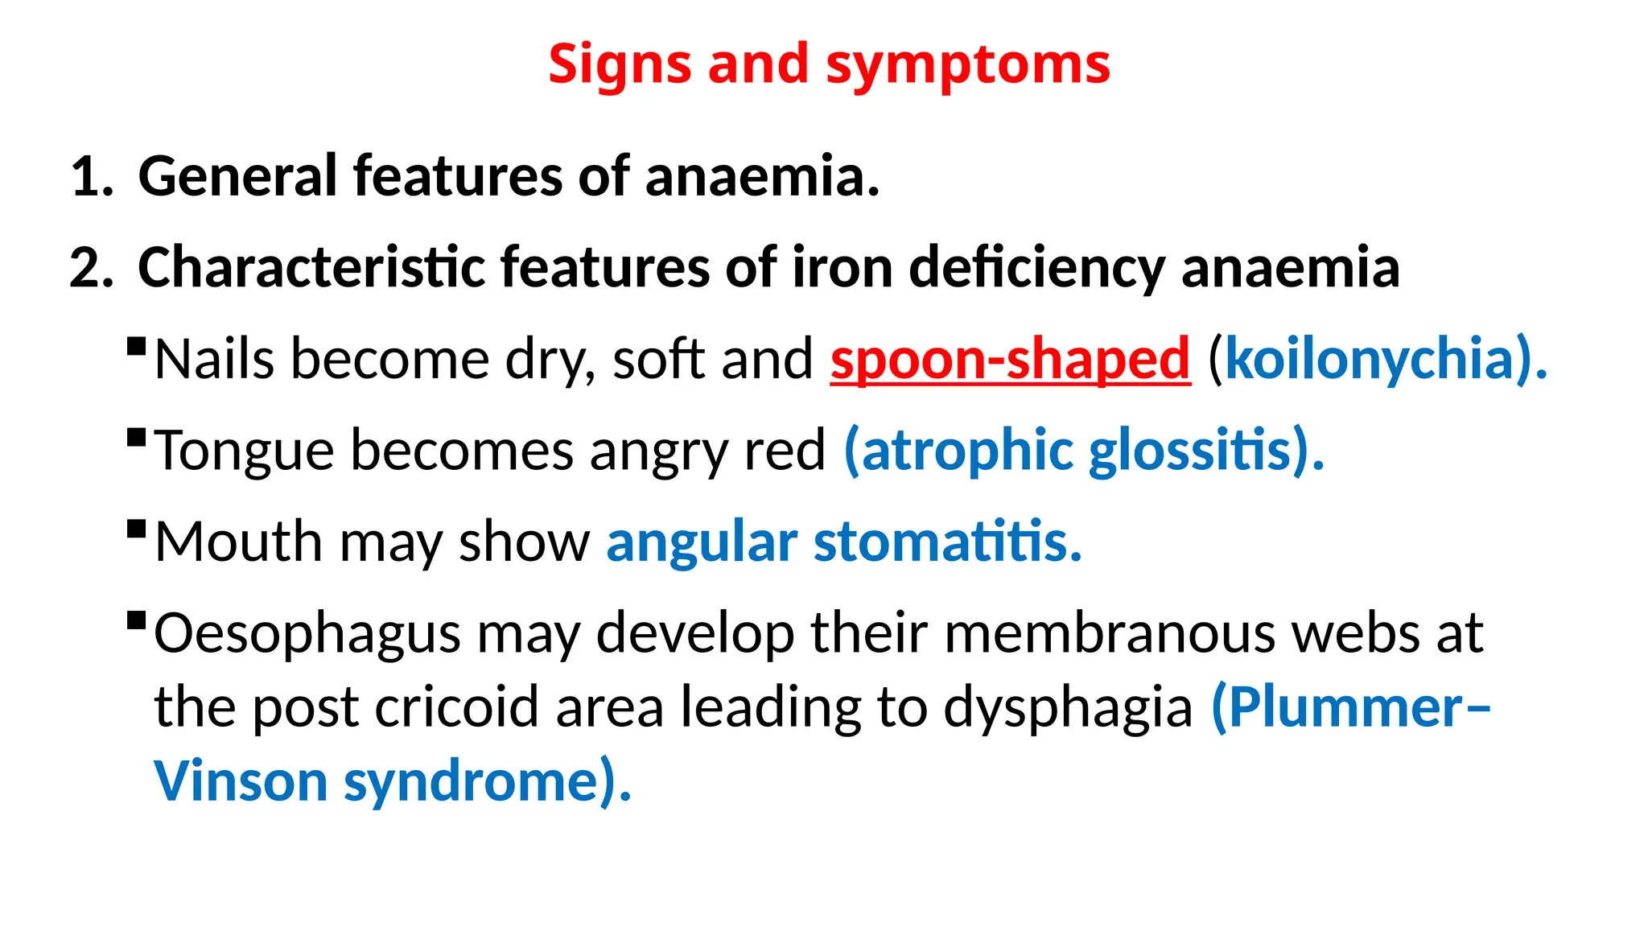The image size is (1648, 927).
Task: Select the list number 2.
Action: click(90, 268)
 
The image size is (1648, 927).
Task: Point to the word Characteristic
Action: click(311, 267)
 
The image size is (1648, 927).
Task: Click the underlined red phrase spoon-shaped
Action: click(1010, 360)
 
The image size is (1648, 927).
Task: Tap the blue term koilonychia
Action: click(1369, 360)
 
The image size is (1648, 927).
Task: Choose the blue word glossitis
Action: click(1191, 451)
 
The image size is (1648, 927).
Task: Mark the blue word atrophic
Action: click(966, 451)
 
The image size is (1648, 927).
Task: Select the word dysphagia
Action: click(1068, 709)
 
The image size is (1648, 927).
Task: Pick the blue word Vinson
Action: click(241, 781)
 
